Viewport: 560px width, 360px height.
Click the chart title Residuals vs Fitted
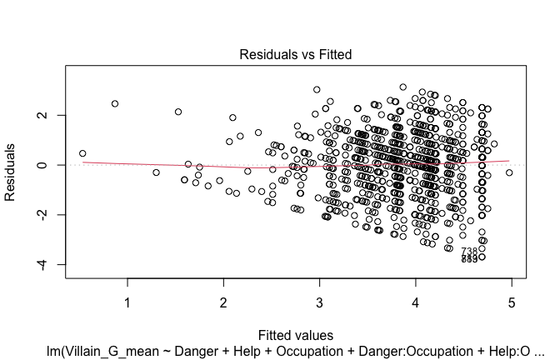296,54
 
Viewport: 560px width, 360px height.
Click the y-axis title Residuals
12,172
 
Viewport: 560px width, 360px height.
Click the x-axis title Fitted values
296,334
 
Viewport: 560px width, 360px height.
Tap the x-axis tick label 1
127,300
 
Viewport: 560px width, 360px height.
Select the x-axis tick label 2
223,300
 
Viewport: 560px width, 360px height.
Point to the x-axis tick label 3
319,300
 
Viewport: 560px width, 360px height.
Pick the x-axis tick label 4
415,300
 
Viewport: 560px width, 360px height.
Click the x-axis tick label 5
511,300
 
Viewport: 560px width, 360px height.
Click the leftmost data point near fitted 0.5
82,153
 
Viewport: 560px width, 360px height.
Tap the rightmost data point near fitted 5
509,172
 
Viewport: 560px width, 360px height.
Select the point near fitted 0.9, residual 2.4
114,104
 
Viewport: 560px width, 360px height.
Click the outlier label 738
469,252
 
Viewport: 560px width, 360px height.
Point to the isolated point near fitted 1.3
156,172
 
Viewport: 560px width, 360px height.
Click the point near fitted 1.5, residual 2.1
178,112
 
